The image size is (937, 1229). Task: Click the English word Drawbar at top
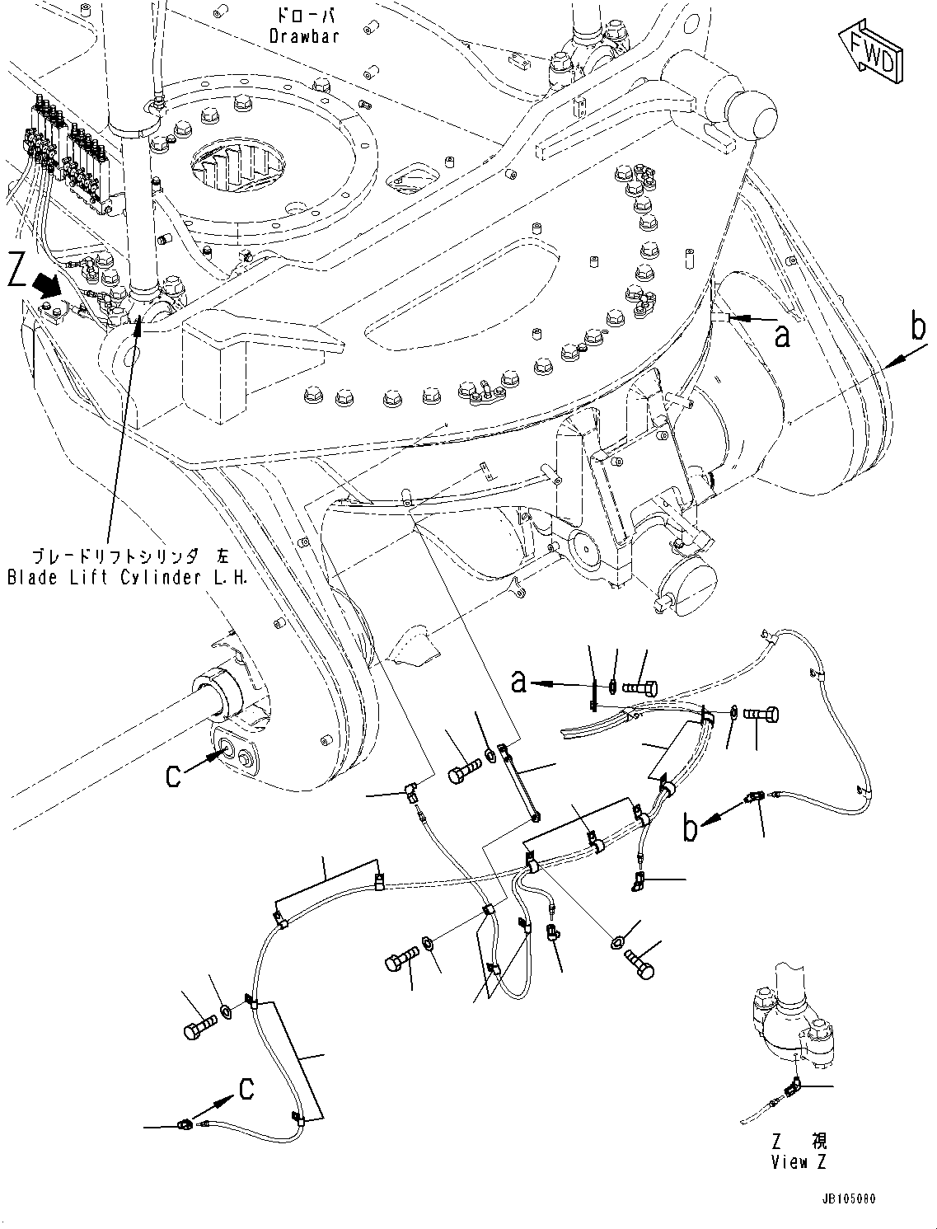click(304, 36)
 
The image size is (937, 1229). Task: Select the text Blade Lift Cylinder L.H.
click(127, 578)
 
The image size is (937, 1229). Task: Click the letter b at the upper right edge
click(917, 327)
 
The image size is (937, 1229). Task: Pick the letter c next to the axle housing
click(174, 775)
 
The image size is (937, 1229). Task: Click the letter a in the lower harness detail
click(519, 681)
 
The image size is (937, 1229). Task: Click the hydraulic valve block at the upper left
click(70, 148)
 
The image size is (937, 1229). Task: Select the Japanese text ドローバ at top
click(303, 16)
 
